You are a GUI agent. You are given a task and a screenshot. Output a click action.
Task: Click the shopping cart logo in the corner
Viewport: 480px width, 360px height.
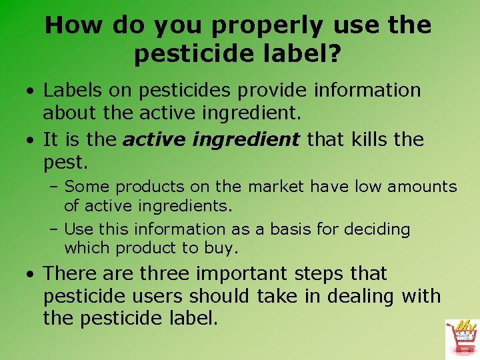pos(461,337)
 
